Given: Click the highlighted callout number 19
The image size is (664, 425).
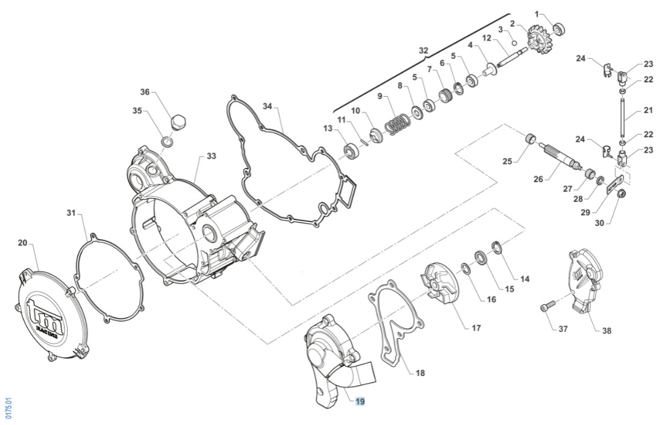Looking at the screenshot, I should pyautogui.click(x=360, y=401).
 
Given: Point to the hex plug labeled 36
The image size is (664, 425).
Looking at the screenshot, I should pyautogui.click(x=177, y=120).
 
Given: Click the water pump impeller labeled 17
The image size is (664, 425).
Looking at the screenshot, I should pyautogui.click(x=440, y=287).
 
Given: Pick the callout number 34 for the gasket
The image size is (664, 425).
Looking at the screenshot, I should pyautogui.click(x=267, y=106).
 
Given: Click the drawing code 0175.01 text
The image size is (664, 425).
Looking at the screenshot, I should pyautogui.click(x=8, y=408).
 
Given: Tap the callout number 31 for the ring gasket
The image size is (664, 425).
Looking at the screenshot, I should pyautogui.click(x=72, y=212).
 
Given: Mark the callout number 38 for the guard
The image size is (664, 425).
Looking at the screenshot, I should pyautogui.click(x=606, y=331).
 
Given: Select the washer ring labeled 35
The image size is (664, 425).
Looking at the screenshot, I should pyautogui.click(x=167, y=143).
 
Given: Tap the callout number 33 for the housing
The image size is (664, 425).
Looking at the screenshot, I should pyautogui.click(x=211, y=156).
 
